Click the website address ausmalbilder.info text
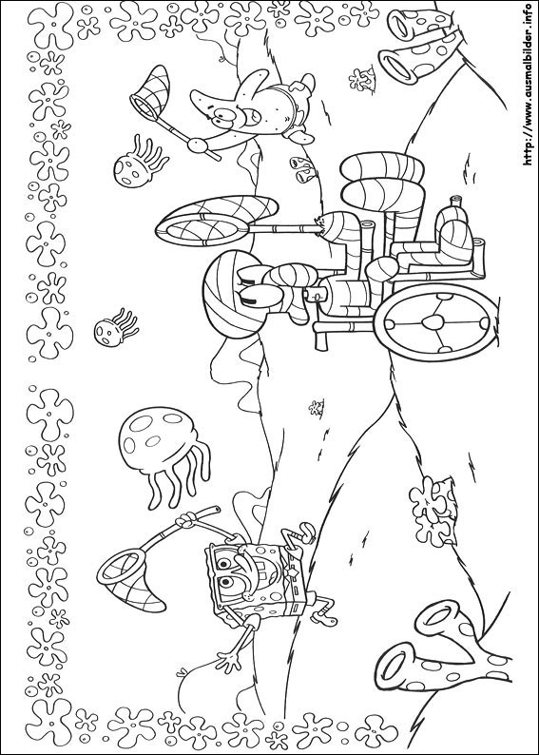[x=529, y=84]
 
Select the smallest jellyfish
[x=116, y=328]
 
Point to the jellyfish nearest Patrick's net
[x=140, y=162]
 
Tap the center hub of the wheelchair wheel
[x=435, y=322]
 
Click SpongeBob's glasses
[x=222, y=574]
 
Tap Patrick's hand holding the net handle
[x=197, y=145]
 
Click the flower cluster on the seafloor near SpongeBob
[x=432, y=511]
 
